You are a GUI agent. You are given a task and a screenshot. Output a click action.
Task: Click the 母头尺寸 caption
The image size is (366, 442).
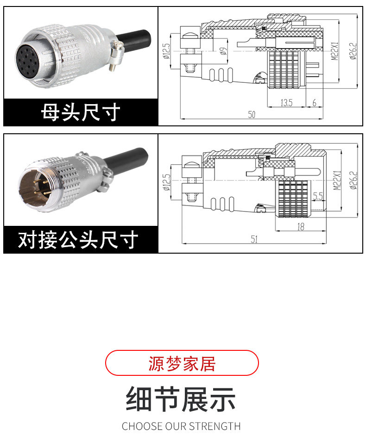point(81,112)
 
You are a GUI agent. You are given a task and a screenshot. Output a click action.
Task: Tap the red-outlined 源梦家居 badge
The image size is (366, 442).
point(182,363)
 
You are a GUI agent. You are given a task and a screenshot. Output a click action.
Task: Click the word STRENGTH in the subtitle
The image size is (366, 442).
point(218,426)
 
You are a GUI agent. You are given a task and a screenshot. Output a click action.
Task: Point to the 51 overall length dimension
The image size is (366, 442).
point(254,239)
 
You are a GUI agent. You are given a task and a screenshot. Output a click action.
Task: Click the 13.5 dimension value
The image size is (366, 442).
point(286,103)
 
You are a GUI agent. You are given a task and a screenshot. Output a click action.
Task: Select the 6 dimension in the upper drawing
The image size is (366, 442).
point(314,103)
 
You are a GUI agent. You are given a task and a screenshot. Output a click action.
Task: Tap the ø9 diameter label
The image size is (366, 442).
point(223,51)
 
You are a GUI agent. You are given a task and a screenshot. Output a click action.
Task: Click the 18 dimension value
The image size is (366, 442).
point(300,226)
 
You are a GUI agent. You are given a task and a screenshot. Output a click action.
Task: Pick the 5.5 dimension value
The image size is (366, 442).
point(318,197)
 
